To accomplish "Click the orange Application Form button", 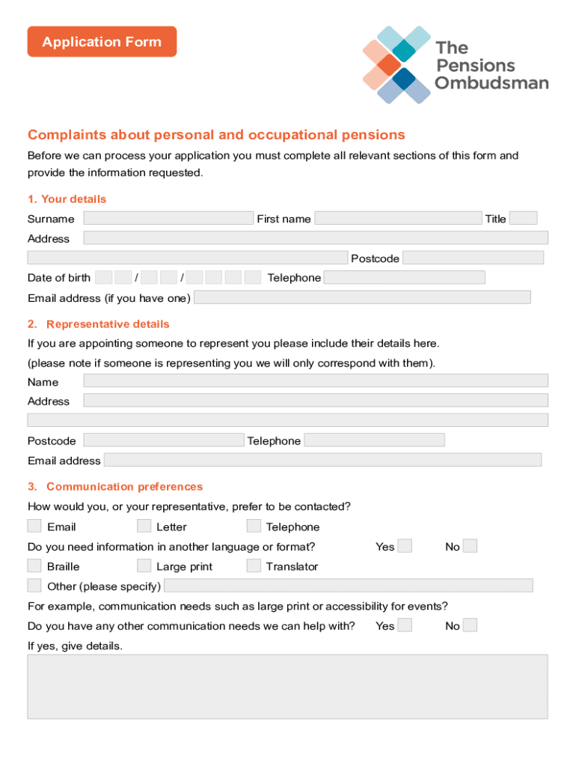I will (x=102, y=42).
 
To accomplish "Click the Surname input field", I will (x=168, y=218).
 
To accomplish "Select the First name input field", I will (x=398, y=218).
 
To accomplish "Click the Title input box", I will (x=524, y=218).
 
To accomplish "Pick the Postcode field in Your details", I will (x=473, y=258).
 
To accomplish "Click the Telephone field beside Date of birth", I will (x=404, y=277).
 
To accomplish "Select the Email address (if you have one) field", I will (x=362, y=297).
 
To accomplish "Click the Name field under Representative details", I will (x=316, y=381).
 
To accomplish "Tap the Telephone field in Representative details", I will (x=374, y=440).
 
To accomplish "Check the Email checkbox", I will (x=34, y=526).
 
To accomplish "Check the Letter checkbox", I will (x=144, y=526).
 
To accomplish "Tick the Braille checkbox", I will (x=34, y=566).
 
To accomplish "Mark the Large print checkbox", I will (x=144, y=566).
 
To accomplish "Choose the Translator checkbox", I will (x=254, y=566).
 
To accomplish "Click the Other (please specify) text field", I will (x=348, y=585).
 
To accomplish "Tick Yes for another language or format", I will (x=405, y=546).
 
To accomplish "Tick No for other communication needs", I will (x=470, y=625).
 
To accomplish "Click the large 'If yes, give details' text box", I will (x=287, y=686).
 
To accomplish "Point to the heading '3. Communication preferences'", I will (x=115, y=487).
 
